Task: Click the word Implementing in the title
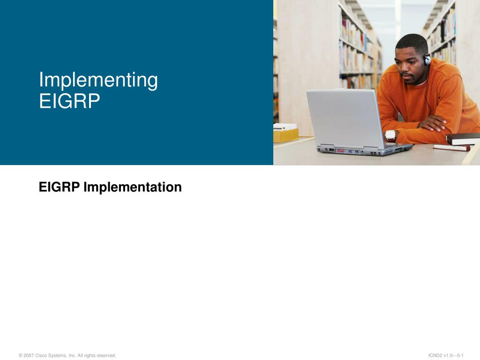point(98,81)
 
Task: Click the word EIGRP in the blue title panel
point(69,101)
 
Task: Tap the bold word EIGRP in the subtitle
point(60,187)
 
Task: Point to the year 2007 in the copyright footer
point(29,355)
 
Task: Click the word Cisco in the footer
point(41,355)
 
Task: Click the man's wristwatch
point(390,135)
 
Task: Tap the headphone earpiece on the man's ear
point(427,59)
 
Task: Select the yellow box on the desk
point(285,135)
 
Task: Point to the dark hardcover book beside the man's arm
point(463,139)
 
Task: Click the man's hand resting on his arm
point(433,123)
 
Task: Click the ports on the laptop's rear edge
point(349,151)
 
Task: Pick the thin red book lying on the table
point(451,148)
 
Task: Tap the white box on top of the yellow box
point(285,127)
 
